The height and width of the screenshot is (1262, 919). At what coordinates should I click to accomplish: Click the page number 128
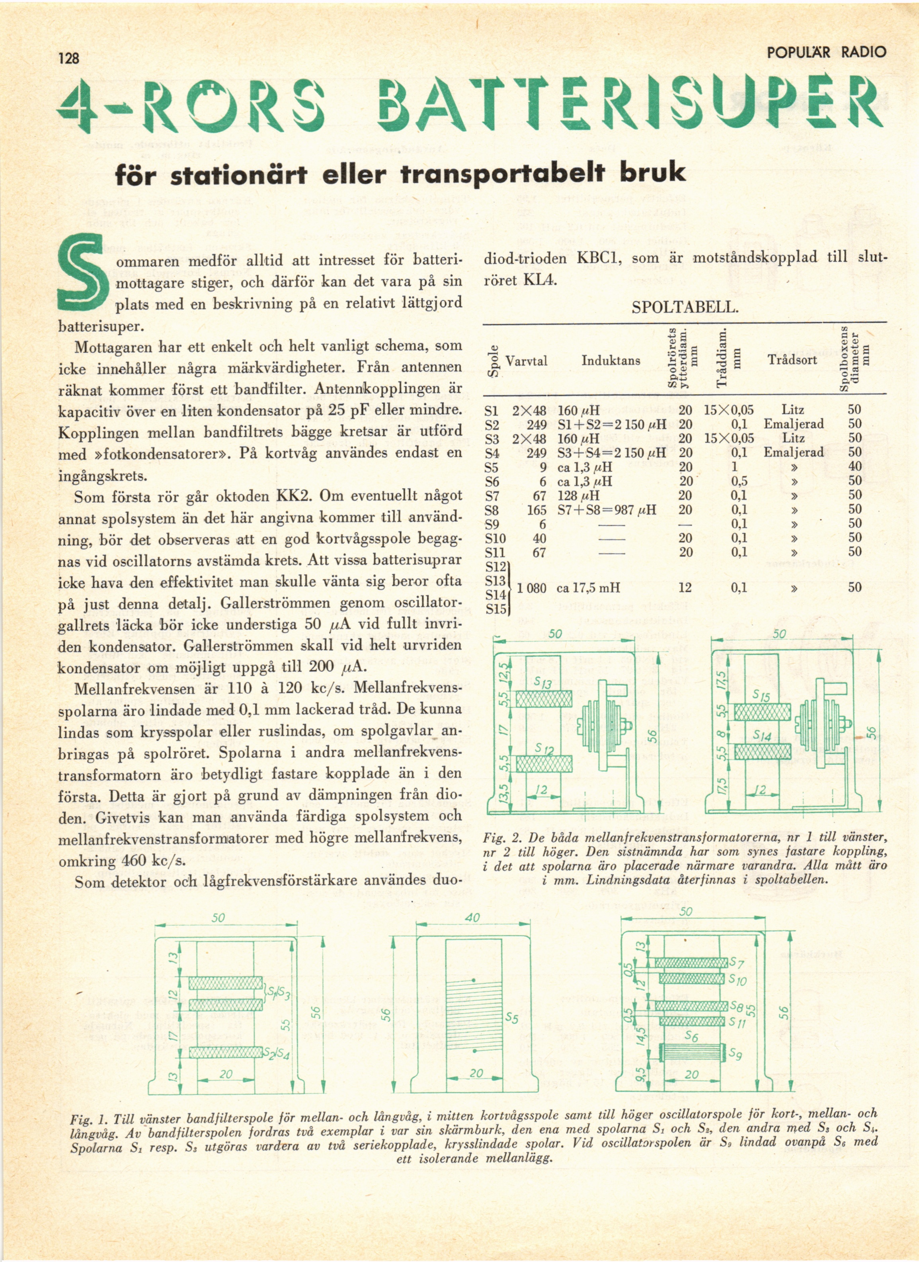[69, 57]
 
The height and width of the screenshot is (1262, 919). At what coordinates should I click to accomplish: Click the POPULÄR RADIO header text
[826, 53]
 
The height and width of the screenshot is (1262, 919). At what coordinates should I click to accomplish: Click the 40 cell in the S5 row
[855, 466]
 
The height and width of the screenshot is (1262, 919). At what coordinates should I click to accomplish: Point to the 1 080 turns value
[532, 588]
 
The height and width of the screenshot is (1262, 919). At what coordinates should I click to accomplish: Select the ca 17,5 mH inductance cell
[588, 588]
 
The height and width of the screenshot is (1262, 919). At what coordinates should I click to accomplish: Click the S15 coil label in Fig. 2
[761, 695]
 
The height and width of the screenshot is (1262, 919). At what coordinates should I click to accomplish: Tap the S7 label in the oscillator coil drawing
[737, 963]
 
